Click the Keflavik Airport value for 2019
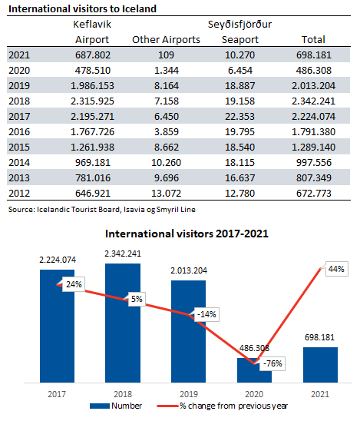(x=92, y=85)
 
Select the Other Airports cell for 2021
(x=166, y=55)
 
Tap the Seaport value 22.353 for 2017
(x=239, y=117)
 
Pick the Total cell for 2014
(x=314, y=162)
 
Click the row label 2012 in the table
(x=19, y=194)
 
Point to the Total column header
(x=313, y=40)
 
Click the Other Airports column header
(x=166, y=40)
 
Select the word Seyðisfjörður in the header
(x=239, y=25)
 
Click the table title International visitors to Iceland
(x=82, y=9)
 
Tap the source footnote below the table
(x=101, y=210)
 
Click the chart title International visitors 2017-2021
(x=187, y=234)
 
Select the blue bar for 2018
(x=123, y=323)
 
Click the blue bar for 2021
(x=320, y=365)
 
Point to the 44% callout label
(x=337, y=269)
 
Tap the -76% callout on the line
(x=272, y=363)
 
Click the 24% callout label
(x=74, y=284)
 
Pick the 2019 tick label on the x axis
(x=189, y=394)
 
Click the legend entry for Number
(x=116, y=406)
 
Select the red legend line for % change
(x=167, y=406)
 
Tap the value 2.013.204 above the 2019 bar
(x=189, y=270)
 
